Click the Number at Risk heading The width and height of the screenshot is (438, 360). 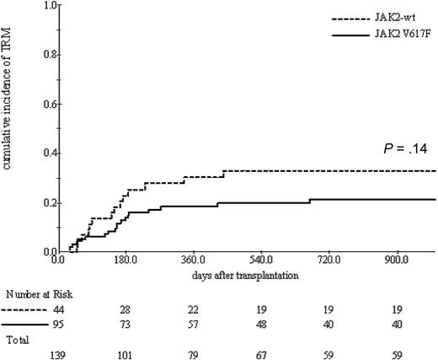tap(35, 296)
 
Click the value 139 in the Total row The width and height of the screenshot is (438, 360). tap(60, 354)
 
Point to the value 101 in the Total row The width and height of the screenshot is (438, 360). tap(126, 354)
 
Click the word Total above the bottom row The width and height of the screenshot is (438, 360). tap(18, 341)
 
